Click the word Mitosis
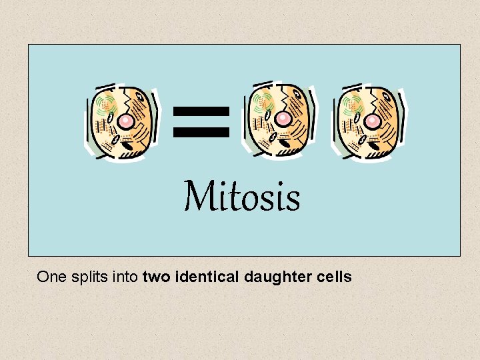[242, 197]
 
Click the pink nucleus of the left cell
[126, 121]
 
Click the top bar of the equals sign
[201, 111]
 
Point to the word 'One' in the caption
[52, 277]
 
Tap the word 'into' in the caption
[125, 277]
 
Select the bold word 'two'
[157, 277]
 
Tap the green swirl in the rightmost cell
[353, 104]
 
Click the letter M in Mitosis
[197, 197]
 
